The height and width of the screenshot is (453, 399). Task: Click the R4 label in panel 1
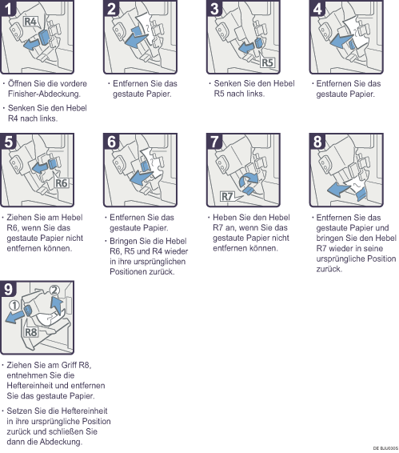point(30,21)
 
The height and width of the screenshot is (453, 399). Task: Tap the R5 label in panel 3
point(267,62)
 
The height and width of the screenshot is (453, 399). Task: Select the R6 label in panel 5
point(62,182)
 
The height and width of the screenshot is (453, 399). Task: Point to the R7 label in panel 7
point(228,196)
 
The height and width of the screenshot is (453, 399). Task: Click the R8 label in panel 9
point(31,332)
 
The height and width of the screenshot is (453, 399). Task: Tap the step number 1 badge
point(8,8)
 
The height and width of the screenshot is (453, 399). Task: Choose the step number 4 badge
point(317,8)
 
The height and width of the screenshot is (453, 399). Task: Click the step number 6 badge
point(111,142)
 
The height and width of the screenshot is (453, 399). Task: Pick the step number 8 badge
point(317,142)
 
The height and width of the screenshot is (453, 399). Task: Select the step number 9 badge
point(8,289)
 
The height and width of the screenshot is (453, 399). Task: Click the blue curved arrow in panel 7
point(249,180)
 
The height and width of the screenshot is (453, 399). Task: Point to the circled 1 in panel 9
point(14,305)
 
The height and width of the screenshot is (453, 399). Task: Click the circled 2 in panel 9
point(54,290)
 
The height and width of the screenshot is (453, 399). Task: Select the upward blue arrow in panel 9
point(58,306)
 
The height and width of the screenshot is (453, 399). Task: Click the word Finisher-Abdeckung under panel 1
point(44,94)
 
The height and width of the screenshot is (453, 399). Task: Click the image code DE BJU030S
point(385,448)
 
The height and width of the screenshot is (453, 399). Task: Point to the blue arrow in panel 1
point(31,44)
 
